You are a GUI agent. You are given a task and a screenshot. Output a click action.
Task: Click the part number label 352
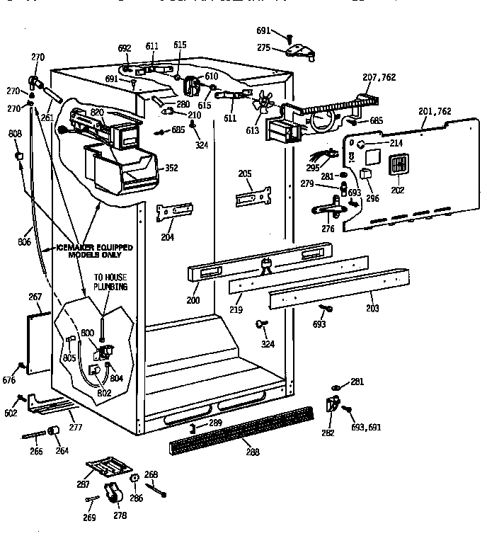point(171,168)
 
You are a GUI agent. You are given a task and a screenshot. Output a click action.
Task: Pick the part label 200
point(194,299)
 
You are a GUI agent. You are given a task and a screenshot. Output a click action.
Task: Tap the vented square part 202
point(399,166)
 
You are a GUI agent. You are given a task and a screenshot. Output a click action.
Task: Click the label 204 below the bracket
point(167,237)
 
